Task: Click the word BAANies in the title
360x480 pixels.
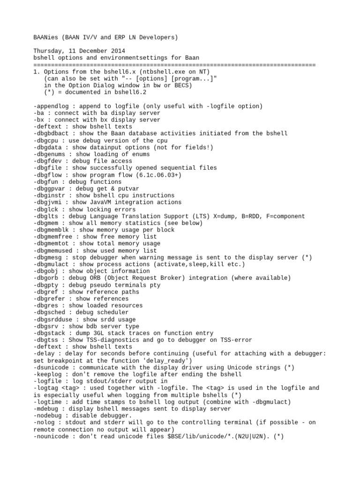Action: (x=45, y=37)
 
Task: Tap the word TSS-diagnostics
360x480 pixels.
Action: (x=118, y=340)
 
